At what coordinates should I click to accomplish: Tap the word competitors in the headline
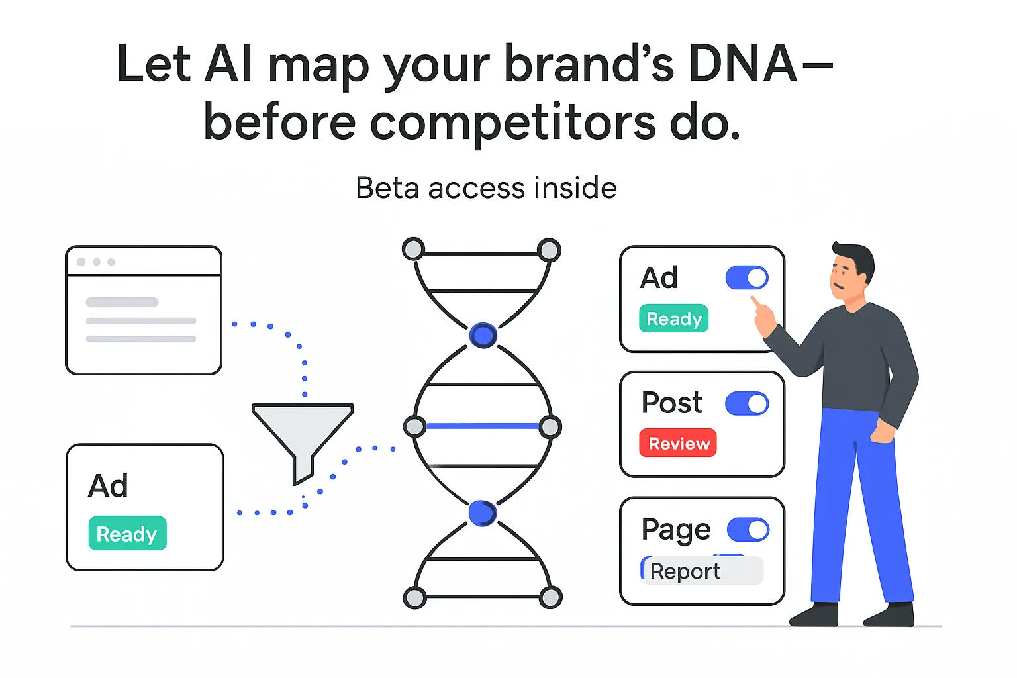click(x=512, y=123)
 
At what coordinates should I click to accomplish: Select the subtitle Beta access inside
click(x=486, y=188)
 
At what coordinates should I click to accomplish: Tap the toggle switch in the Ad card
click(x=747, y=278)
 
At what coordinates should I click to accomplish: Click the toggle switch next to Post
click(x=747, y=403)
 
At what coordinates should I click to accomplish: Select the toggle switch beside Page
click(x=748, y=530)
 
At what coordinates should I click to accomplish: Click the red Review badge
click(x=678, y=443)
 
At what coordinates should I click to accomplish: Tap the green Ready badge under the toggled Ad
click(x=673, y=318)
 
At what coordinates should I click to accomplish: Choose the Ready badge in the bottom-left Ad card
click(x=127, y=534)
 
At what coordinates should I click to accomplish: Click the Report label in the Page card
click(x=686, y=571)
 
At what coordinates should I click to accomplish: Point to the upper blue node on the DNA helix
click(x=483, y=336)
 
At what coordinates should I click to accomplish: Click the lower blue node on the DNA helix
click(x=482, y=513)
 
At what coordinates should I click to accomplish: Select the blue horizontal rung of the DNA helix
click(x=482, y=426)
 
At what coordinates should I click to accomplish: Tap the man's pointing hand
click(x=763, y=316)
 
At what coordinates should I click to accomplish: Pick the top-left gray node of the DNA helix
click(x=414, y=249)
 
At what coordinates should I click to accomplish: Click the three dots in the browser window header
click(x=96, y=262)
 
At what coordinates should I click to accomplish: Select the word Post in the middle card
click(x=672, y=403)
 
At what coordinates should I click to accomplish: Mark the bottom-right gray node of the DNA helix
click(x=550, y=597)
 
